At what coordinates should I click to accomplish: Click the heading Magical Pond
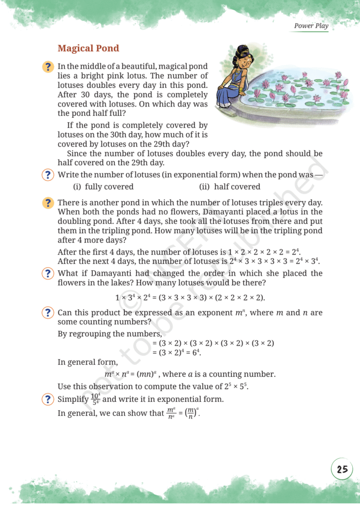tap(88, 48)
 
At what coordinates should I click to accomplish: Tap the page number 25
tap(342, 469)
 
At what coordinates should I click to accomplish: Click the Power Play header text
tap(311, 26)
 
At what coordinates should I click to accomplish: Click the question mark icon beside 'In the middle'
tap(48, 67)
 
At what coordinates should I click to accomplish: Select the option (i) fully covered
tap(103, 186)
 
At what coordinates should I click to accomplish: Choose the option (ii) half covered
tap(229, 186)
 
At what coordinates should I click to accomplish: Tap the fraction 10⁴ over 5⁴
tap(96, 399)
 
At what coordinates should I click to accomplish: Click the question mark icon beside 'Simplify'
tap(48, 399)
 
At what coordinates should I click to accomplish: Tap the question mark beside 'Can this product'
tap(48, 313)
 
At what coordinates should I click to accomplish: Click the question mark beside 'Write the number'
tap(48, 175)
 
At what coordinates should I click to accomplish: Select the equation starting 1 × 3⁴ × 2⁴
tap(190, 297)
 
